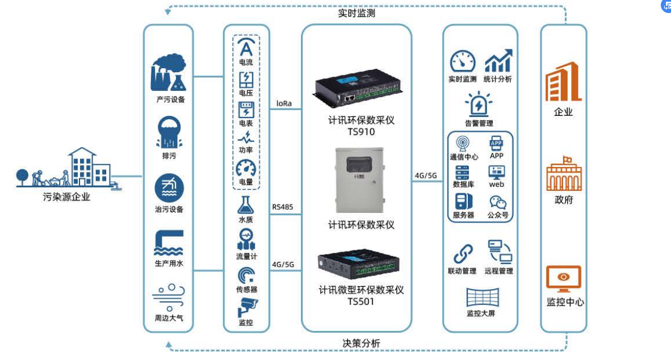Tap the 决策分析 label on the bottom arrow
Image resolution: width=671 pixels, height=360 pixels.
[x=361, y=343]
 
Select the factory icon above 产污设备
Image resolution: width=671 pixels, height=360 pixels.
[x=168, y=73]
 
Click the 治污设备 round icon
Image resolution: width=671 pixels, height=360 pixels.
[x=169, y=187]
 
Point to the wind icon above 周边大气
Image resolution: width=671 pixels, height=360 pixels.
[x=169, y=296]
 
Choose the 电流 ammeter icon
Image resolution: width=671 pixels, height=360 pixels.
[x=246, y=48]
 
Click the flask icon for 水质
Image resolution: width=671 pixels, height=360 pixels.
[x=246, y=205]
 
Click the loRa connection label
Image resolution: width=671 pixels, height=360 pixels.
[x=284, y=103]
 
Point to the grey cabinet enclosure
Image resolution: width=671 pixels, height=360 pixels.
[x=359, y=179]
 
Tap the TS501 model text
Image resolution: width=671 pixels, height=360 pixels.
[x=361, y=302]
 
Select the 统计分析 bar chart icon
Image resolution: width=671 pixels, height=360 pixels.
[x=498, y=61]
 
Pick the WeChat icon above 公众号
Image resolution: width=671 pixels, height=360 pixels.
[x=497, y=202]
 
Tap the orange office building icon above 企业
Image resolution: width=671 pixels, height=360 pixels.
[x=563, y=82]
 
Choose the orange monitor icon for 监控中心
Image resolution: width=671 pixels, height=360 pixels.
[x=563, y=279]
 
